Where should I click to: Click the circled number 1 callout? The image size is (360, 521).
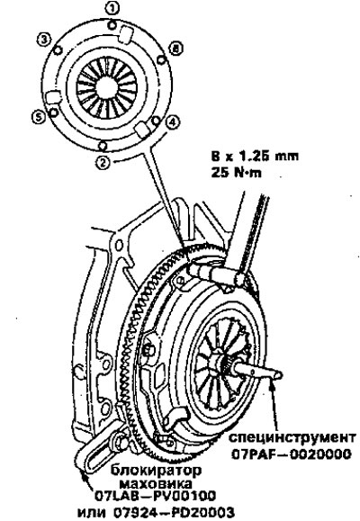112,9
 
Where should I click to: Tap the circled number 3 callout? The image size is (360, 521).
43,40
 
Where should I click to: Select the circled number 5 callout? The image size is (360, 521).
39,117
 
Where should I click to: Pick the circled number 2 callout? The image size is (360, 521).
103,162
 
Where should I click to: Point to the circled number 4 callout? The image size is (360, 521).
172,122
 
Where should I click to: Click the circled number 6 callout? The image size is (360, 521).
175,49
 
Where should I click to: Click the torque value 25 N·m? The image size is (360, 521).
236,173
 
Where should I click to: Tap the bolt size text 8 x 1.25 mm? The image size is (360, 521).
255,156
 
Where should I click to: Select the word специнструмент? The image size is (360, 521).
292,437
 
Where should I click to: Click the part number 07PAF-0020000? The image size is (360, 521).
292,454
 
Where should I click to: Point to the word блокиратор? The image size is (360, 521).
156,470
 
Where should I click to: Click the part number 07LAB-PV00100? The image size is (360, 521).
155,496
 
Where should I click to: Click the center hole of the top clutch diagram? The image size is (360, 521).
106,88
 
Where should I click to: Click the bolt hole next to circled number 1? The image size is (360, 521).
113,24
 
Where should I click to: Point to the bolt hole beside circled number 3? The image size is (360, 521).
58,50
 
